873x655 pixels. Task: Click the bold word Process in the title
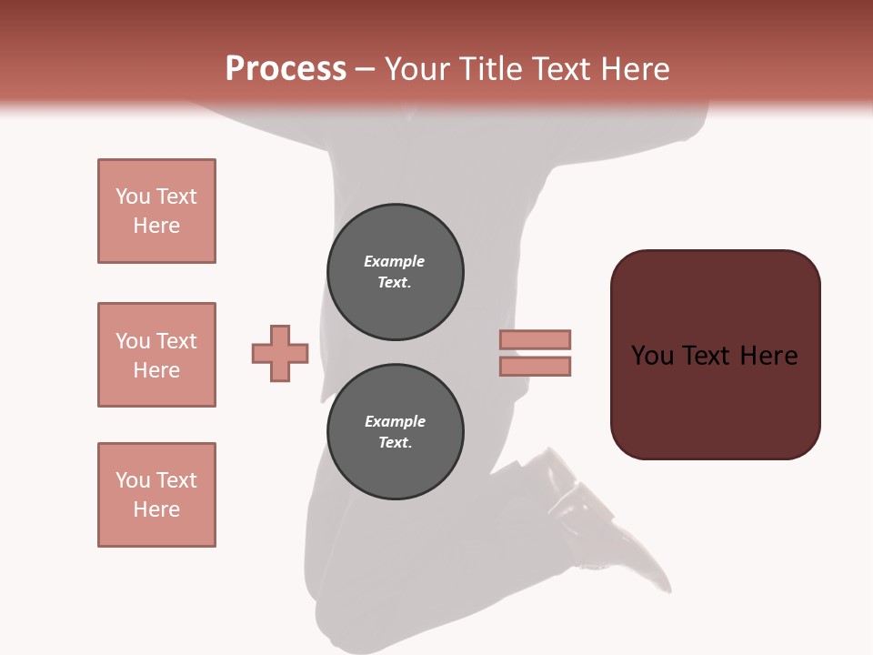286,68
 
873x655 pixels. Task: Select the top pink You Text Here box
156,211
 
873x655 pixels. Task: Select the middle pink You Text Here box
156,355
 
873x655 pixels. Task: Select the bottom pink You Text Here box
156,495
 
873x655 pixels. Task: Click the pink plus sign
280,353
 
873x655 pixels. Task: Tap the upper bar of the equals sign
535,339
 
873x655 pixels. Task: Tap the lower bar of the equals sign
535,366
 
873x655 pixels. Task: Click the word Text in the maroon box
707,355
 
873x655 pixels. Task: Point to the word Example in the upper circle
395,261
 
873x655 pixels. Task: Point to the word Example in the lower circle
395,421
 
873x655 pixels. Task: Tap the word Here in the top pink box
156,226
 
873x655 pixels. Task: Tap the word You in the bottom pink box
133,480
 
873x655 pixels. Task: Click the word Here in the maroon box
768,355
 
